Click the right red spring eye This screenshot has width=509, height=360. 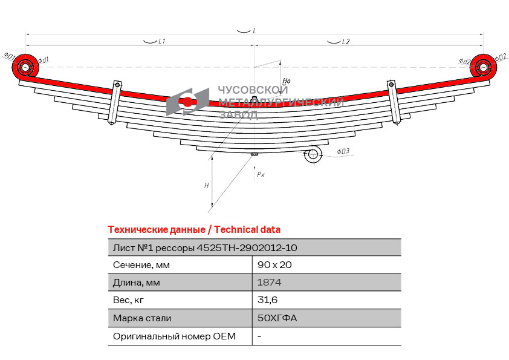click(x=482, y=66)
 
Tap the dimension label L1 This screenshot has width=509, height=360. click(x=162, y=42)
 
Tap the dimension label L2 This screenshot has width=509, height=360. click(x=346, y=42)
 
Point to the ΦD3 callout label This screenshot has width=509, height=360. click(x=343, y=151)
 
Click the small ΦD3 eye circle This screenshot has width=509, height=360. click(x=313, y=155)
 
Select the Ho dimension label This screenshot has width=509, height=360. click(x=287, y=80)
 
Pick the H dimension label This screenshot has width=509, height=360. click(x=206, y=185)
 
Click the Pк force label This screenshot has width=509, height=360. click(x=261, y=174)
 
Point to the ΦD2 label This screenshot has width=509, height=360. click(x=501, y=57)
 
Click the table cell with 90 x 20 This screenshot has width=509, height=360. click(x=270, y=265)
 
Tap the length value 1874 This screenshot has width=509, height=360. click(x=269, y=283)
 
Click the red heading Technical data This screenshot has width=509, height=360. click(x=247, y=229)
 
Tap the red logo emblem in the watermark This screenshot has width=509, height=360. click(x=187, y=101)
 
